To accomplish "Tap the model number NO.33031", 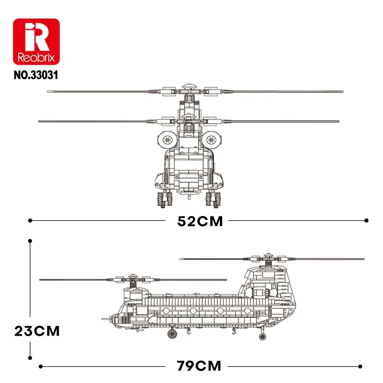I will click(x=36, y=75).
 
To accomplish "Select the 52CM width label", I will click(x=200, y=221).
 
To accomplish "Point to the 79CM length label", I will click(x=199, y=367).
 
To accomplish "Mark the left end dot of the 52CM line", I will click(x=30, y=221).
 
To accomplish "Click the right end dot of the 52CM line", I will click(x=367, y=221).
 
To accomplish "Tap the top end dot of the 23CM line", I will click(x=30, y=243).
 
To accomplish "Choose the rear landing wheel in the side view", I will click(x=262, y=337).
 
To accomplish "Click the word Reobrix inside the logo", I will click(x=36, y=57).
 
